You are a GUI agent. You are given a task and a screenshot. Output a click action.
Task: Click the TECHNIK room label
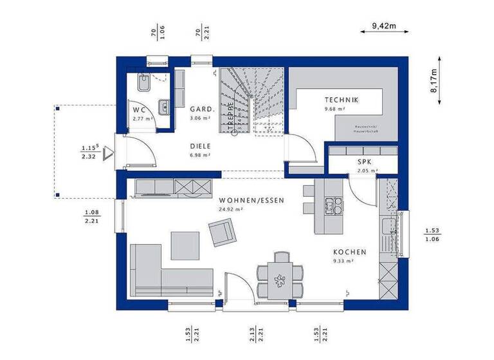[342, 100]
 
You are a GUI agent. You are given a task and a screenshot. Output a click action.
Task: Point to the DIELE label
[201, 145]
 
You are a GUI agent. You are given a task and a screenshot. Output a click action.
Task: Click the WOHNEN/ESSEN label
[251, 200]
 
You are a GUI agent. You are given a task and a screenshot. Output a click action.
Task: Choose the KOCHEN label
[349, 252]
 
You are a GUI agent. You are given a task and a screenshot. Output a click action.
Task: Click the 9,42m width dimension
[383, 26]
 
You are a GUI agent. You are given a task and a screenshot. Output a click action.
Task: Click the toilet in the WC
[145, 82]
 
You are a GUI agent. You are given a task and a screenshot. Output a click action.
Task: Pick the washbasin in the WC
[164, 107]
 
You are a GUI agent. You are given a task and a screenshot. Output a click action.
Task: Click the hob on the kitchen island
[333, 206]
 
